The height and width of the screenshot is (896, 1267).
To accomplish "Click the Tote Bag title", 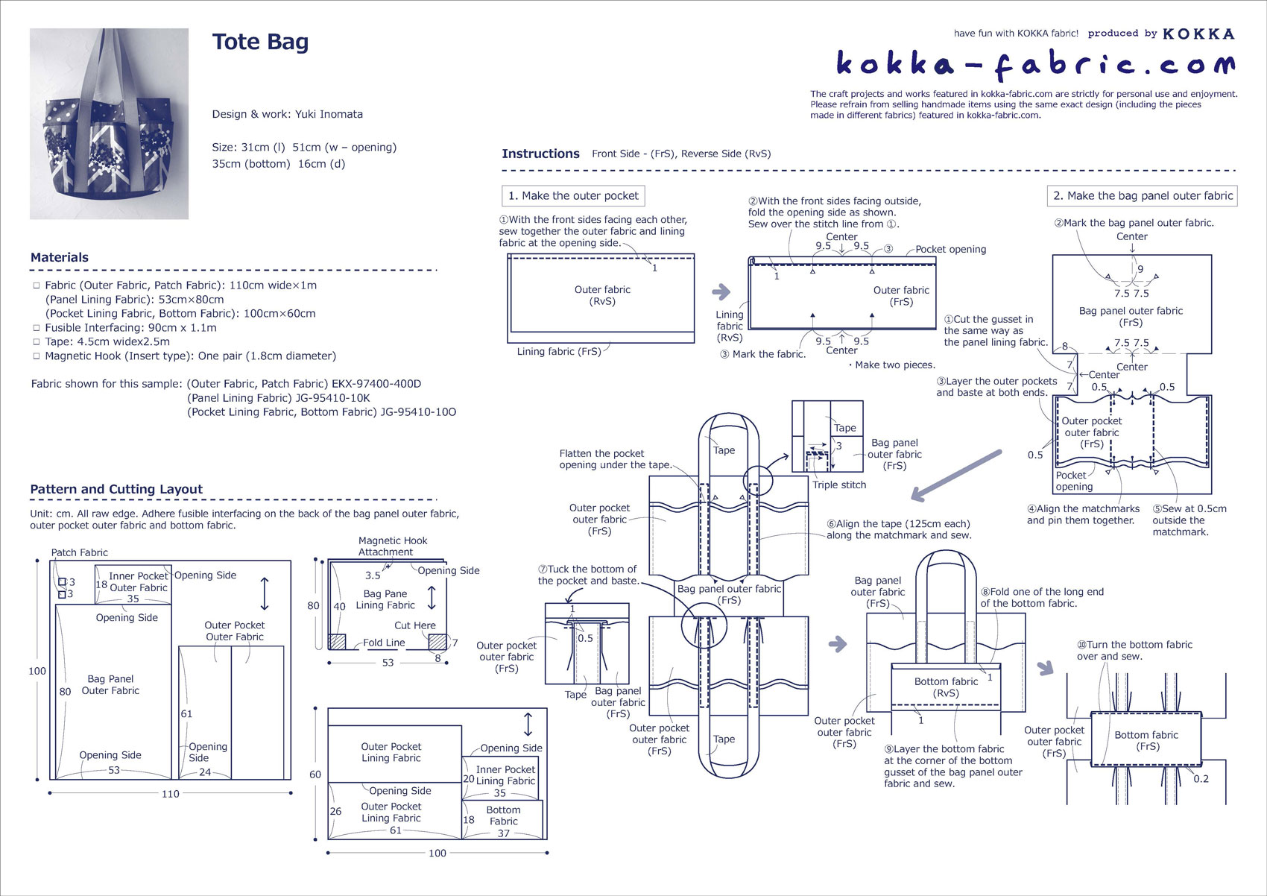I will [x=260, y=42].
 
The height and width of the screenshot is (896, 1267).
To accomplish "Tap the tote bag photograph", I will [x=109, y=124].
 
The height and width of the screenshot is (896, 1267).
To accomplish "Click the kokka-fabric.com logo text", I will [x=1035, y=65].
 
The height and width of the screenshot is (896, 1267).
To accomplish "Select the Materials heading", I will [x=60, y=257].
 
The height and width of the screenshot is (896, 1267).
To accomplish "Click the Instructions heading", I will [x=540, y=154].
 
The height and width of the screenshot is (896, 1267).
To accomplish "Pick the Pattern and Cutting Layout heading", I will [x=116, y=489].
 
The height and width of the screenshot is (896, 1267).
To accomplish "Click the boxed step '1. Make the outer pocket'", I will [x=573, y=196].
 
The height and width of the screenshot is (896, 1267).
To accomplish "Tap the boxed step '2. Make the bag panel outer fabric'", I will [x=1142, y=196].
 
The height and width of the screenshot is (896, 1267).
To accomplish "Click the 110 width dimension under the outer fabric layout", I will [x=170, y=794].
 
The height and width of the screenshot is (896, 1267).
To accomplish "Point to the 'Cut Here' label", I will [x=415, y=625].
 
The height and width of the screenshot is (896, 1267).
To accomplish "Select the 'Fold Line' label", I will [x=384, y=643].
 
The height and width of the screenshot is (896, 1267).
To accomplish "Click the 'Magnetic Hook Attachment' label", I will [x=393, y=546].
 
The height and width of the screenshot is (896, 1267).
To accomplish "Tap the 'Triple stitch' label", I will [x=839, y=485].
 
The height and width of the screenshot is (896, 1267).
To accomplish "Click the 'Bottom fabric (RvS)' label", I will [x=946, y=687].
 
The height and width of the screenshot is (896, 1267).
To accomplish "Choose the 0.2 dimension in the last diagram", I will [x=1201, y=779].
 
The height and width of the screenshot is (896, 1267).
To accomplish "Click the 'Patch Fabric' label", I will [x=79, y=552].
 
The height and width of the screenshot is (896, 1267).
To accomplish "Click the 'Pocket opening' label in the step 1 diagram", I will [x=950, y=250].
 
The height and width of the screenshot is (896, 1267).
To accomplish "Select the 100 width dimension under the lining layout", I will [x=437, y=853].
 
